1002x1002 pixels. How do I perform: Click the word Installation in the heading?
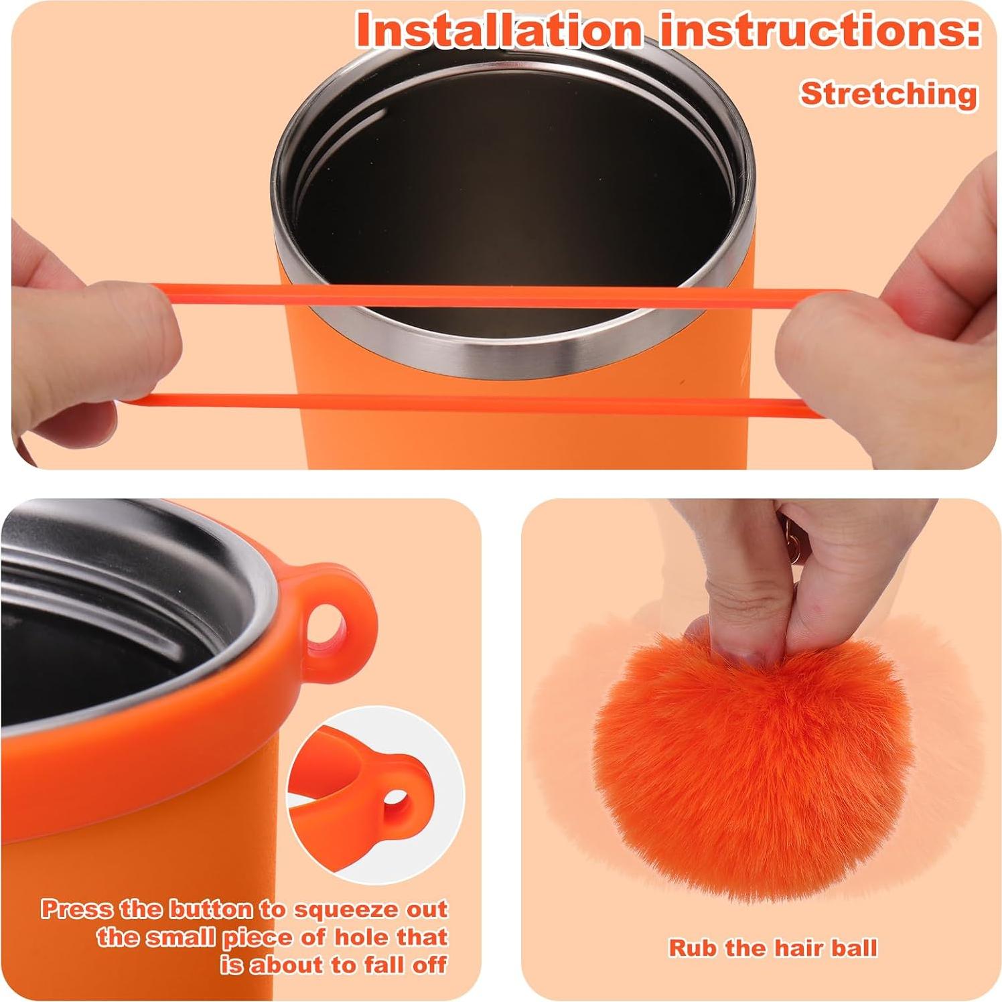499,30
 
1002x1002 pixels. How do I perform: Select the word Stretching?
889,93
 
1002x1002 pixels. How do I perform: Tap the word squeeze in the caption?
338,910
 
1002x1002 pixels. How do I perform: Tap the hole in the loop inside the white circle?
396,800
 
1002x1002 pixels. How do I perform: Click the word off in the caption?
429,965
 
